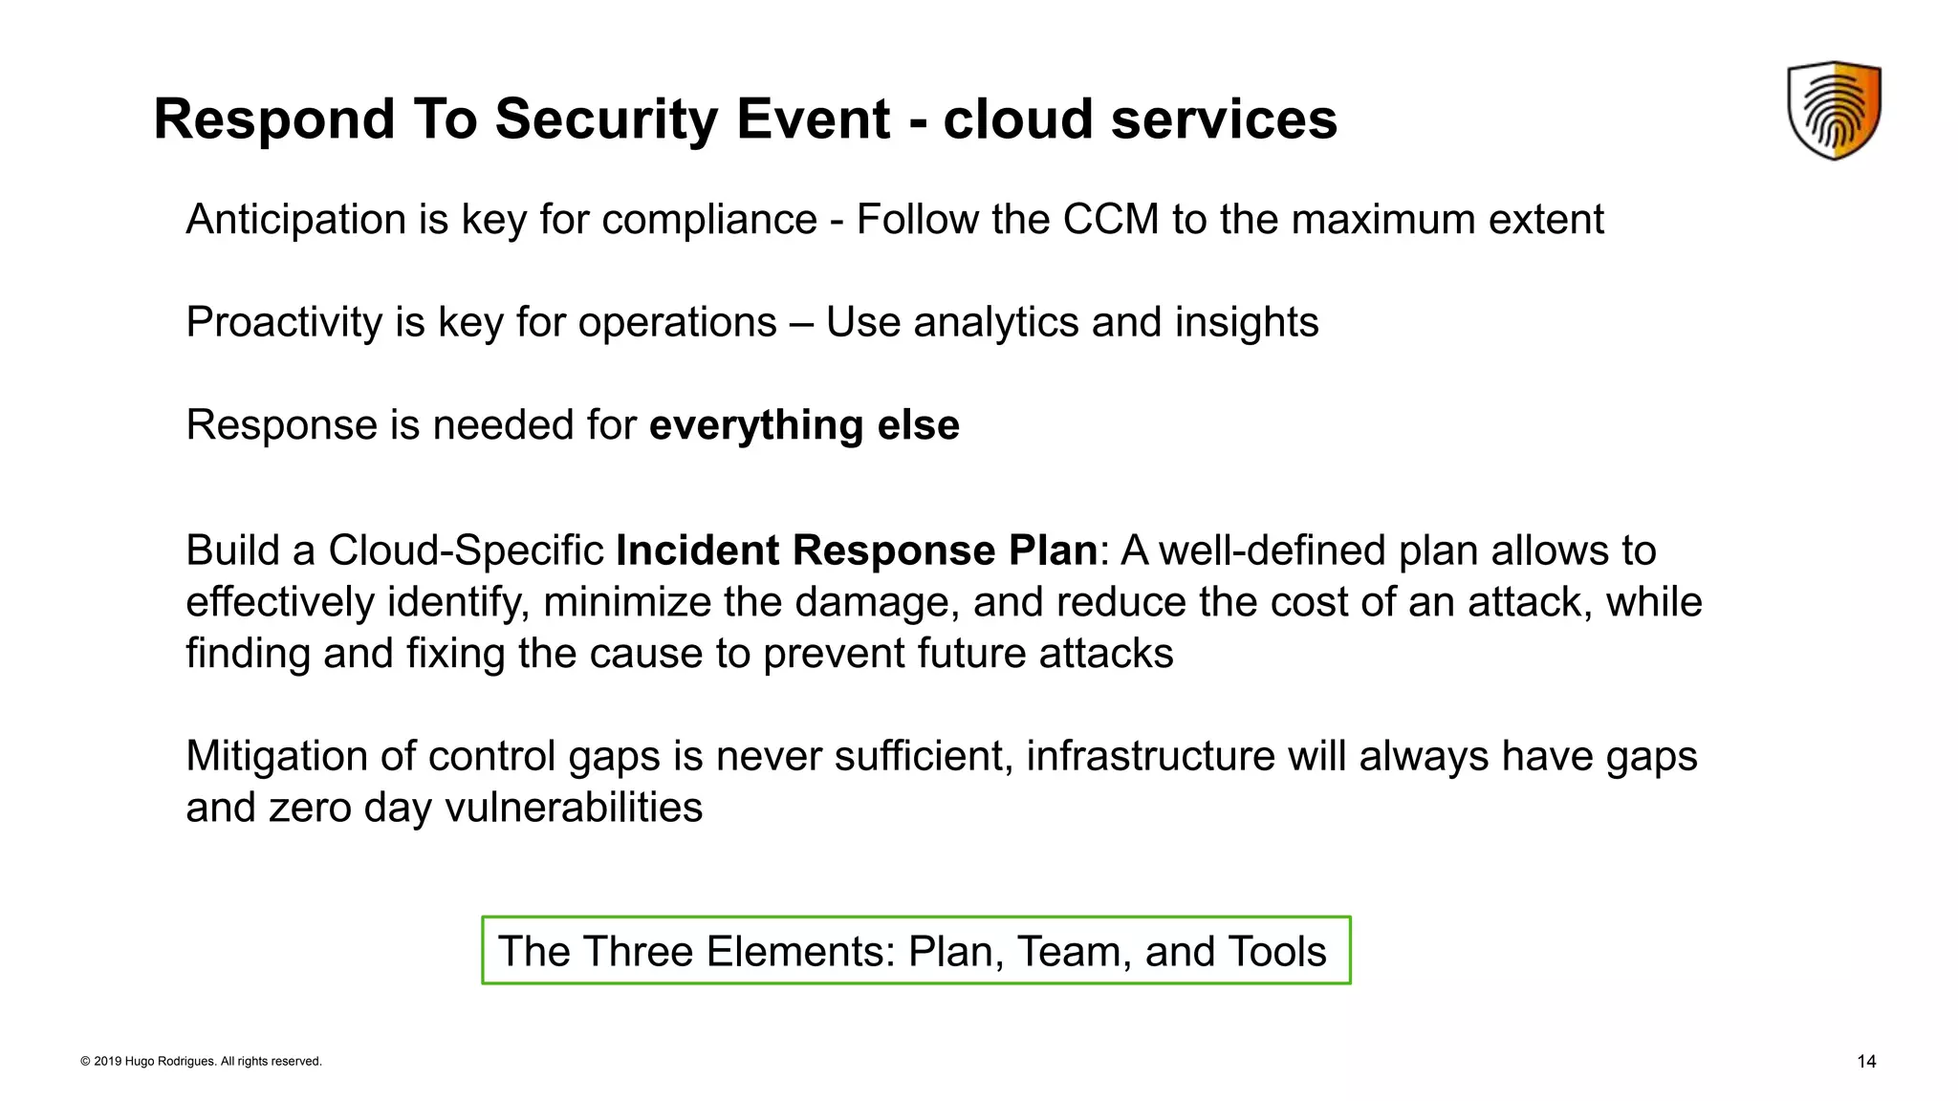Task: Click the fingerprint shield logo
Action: (x=1834, y=110)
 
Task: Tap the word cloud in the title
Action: (x=1017, y=119)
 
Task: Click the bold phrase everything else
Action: (x=803, y=425)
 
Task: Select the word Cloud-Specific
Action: (x=466, y=550)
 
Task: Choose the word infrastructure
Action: (x=1150, y=756)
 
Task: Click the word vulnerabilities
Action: (x=574, y=808)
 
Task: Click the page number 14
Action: (x=1865, y=1062)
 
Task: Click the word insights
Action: (x=1247, y=323)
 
